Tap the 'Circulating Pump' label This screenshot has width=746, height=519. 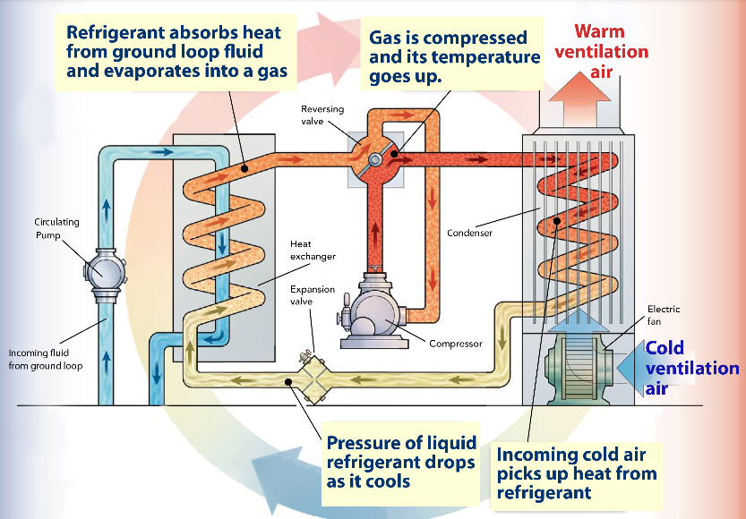click(x=56, y=227)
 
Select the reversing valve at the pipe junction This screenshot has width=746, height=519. click(x=373, y=157)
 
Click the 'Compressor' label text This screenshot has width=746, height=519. click(x=455, y=344)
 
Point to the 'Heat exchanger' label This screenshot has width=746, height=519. click(x=313, y=250)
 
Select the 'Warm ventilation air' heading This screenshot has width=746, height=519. click(x=601, y=51)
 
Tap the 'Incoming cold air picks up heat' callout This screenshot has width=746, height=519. click(x=577, y=472)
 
